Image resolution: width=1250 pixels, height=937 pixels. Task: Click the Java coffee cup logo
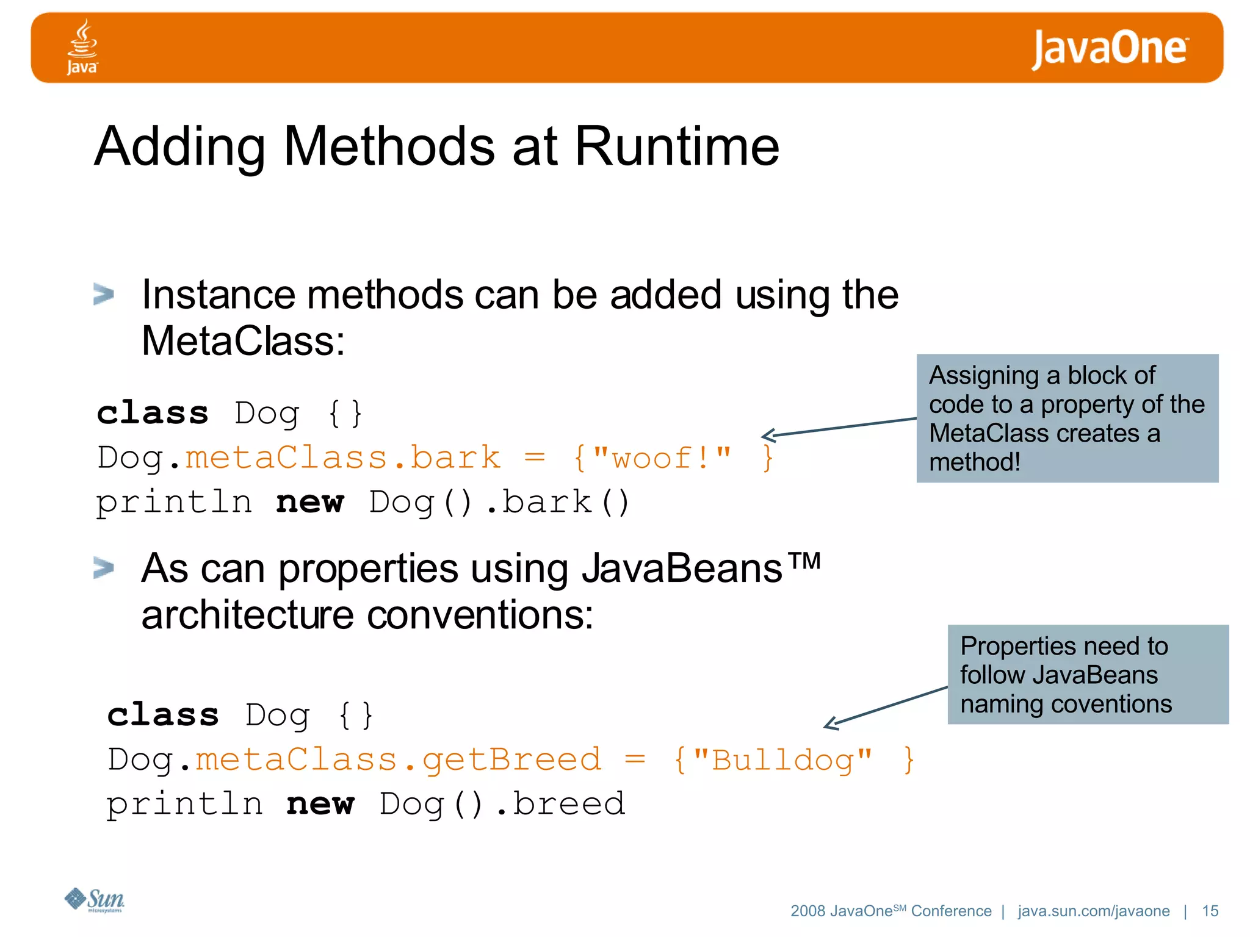pyautogui.click(x=82, y=46)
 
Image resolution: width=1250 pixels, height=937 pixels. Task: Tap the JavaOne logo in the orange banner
pyautogui.click(x=1109, y=49)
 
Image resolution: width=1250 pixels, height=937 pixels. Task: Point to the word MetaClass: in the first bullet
pyautogui.click(x=243, y=341)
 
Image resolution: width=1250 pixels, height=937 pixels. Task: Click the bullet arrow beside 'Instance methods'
pyautogui.click(x=104, y=294)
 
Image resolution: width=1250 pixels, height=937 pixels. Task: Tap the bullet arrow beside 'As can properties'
pyautogui.click(x=104, y=568)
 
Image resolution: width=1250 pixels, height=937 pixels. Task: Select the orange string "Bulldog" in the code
pyautogui.click(x=782, y=760)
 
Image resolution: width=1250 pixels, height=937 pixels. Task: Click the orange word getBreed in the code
pyautogui.click(x=511, y=760)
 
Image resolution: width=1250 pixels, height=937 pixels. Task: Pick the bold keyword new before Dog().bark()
pyautogui.click(x=309, y=503)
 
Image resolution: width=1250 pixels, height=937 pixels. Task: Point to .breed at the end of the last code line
pyautogui.click(x=560, y=804)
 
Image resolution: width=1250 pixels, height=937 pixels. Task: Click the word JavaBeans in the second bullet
pyautogui.click(x=681, y=569)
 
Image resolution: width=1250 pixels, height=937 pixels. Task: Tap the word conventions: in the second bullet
pyautogui.click(x=480, y=615)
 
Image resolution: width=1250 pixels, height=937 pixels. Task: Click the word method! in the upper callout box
pyautogui.click(x=974, y=462)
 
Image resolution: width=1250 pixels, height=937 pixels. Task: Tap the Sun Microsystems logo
pyautogui.click(x=95, y=900)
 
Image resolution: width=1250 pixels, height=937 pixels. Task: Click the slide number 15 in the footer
pyautogui.click(x=1210, y=911)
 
